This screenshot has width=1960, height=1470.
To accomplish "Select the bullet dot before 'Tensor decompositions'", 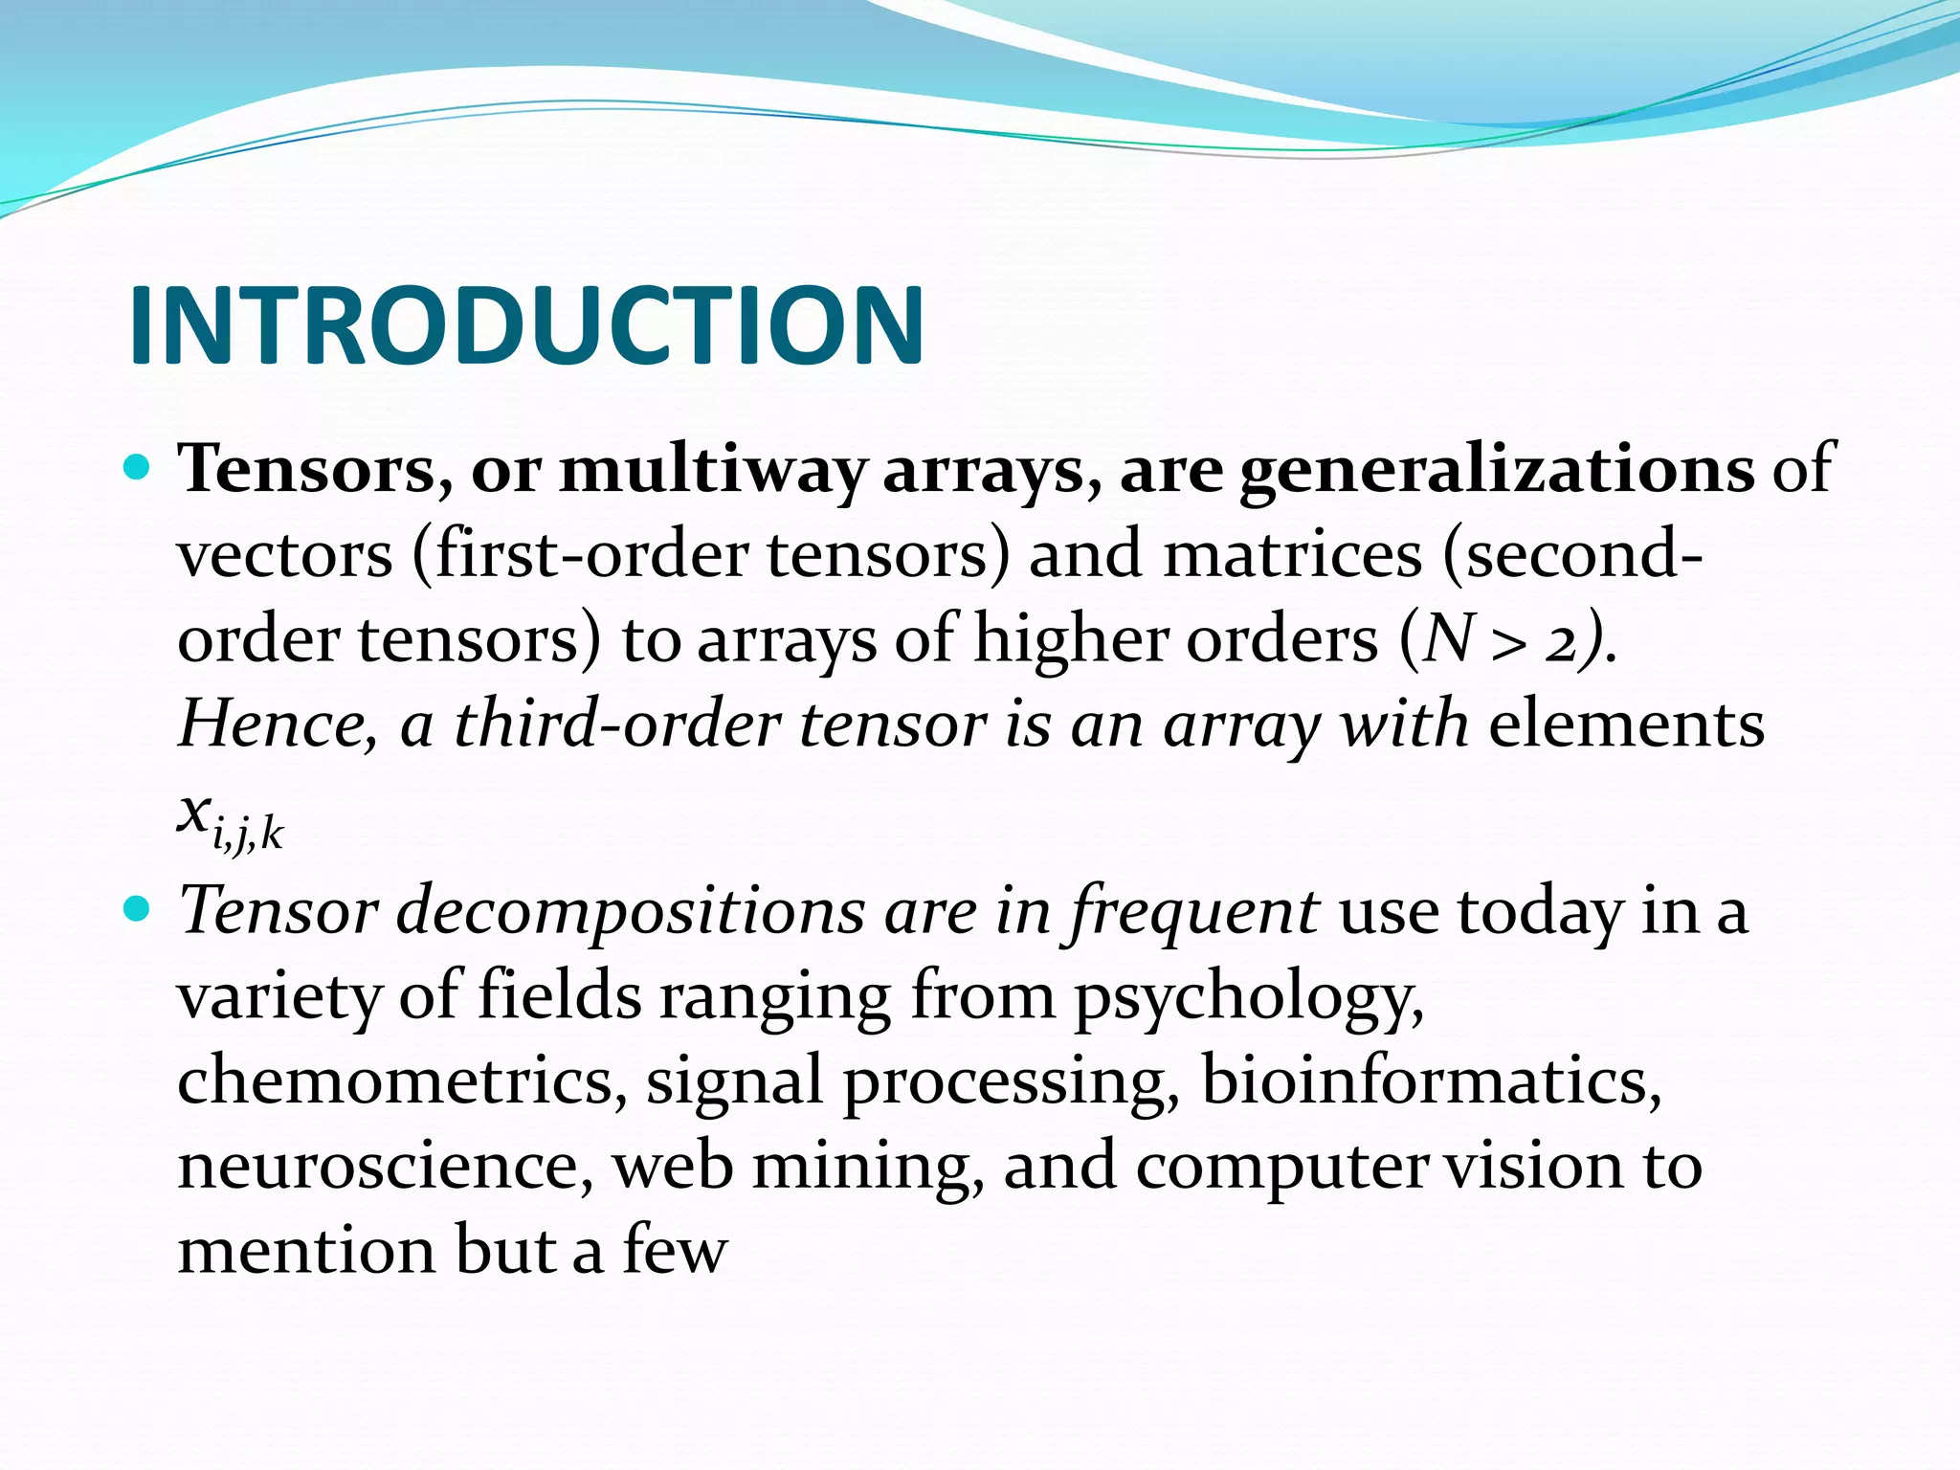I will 139,909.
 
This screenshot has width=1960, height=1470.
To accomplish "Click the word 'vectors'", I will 285,555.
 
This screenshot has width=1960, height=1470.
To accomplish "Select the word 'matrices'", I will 1292,555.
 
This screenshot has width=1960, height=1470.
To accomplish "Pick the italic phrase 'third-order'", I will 617,724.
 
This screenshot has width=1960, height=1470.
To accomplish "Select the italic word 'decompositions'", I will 631,911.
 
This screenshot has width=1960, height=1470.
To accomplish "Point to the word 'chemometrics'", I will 402,1080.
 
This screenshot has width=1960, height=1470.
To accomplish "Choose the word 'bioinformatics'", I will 1431,1080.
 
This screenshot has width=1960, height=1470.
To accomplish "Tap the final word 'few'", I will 675,1250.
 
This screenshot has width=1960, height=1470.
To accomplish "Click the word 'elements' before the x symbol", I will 1626,724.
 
